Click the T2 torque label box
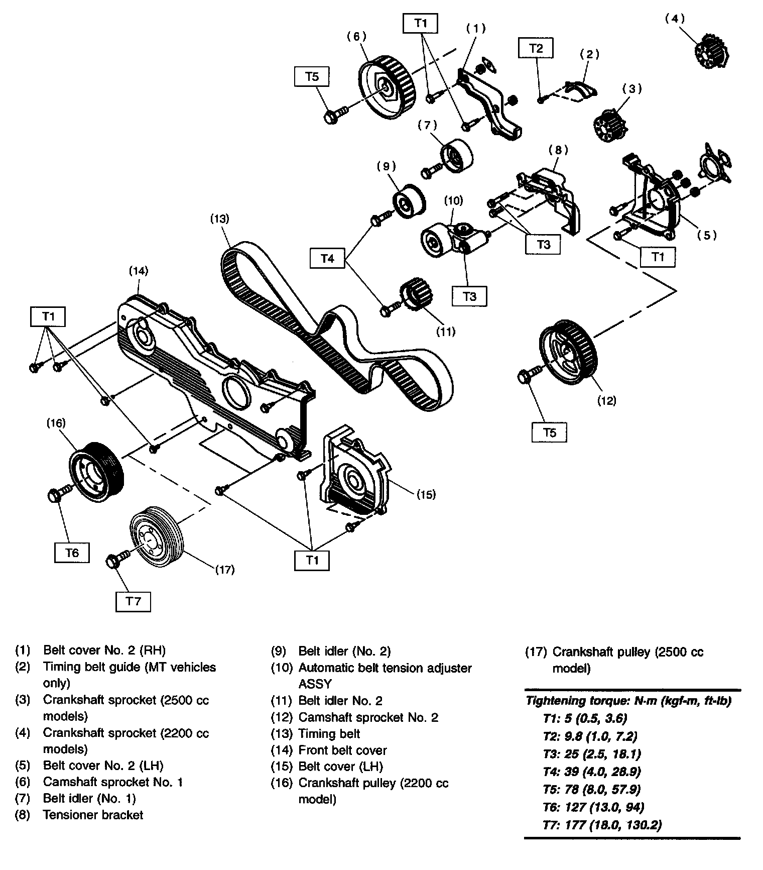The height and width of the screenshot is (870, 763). coord(536,48)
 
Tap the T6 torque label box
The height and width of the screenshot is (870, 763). coord(72,553)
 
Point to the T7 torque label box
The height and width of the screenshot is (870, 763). coord(133,601)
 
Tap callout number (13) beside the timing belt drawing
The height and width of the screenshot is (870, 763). coord(220,219)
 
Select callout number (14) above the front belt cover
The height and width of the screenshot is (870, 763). coord(139,271)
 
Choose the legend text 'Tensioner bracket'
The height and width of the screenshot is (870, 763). coord(93,815)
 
